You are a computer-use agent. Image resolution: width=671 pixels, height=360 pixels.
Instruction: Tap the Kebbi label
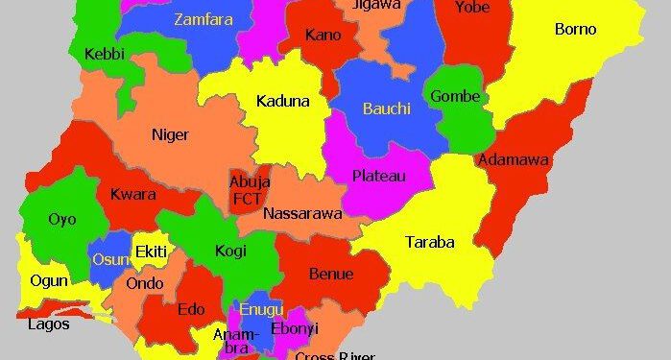coord(105,54)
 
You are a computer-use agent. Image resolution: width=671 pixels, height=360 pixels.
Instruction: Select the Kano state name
coord(324,36)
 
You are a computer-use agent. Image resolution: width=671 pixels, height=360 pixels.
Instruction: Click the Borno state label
coord(575,29)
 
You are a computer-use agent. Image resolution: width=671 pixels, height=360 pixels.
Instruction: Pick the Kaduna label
coord(282,101)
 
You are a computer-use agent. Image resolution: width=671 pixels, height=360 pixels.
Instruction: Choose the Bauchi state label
coord(386,108)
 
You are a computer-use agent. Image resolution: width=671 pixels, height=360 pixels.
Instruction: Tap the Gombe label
coord(454,96)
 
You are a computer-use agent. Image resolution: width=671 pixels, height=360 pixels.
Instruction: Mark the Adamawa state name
coord(514,159)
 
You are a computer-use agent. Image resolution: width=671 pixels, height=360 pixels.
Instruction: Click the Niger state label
coord(170,134)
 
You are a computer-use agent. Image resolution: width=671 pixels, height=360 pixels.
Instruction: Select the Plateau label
coord(378,176)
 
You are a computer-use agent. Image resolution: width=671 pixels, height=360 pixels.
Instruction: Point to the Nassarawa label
coord(302,213)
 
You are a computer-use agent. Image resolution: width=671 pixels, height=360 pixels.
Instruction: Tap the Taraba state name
coord(429,241)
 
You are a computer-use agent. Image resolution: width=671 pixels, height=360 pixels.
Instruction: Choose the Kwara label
coord(133,194)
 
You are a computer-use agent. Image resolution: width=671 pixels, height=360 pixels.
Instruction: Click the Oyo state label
coord(62,219)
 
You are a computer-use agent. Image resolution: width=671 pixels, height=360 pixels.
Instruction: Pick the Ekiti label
coord(151,252)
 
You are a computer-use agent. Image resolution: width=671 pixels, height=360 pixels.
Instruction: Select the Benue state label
coord(331,274)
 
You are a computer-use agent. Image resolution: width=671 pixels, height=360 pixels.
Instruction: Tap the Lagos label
coord(48,324)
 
